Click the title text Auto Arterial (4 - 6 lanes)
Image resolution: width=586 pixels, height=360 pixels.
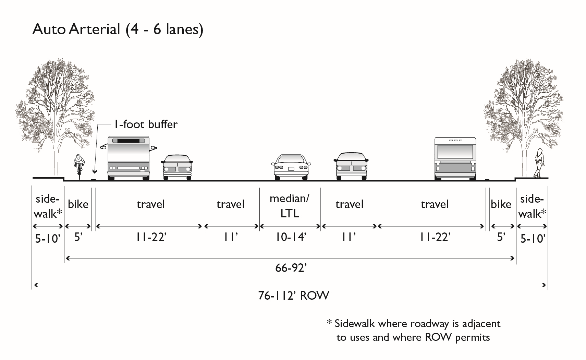click(118, 29)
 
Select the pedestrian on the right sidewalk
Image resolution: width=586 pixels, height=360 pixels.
click(538, 163)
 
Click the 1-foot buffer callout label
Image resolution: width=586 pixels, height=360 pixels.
click(146, 124)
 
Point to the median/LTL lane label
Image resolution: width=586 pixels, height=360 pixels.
click(290, 206)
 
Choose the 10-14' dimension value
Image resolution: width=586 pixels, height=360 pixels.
click(291, 237)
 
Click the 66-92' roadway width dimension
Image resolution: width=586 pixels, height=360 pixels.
click(291, 268)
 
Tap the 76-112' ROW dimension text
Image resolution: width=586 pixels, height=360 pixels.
click(293, 296)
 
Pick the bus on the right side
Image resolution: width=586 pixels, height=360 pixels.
click(455, 158)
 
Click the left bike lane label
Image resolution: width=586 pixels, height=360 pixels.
click(78, 204)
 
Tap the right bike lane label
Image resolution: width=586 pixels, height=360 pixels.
click(501, 204)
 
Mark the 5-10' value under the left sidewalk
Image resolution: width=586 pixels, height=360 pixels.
click(48, 238)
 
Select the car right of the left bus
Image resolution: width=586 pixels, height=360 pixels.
click(177, 167)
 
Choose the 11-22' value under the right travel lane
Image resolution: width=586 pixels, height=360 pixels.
click(435, 237)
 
